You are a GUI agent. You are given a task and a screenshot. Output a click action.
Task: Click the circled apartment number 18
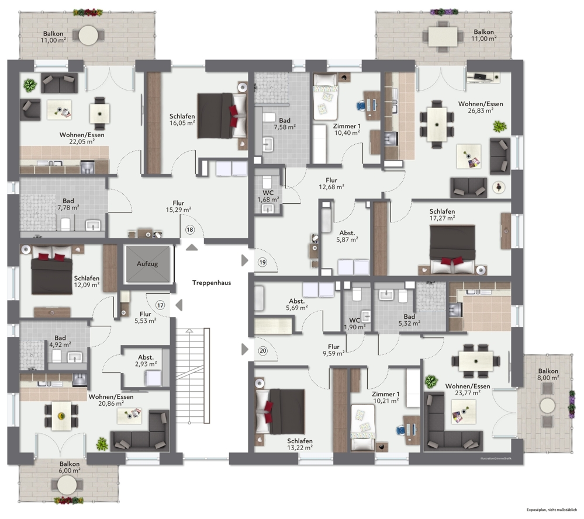[x=190, y=230]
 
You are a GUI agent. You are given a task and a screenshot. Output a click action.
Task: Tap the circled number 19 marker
[x=262, y=263]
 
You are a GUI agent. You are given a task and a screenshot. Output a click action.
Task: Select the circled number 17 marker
[x=160, y=305]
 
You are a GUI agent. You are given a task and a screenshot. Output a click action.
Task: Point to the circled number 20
[x=262, y=350]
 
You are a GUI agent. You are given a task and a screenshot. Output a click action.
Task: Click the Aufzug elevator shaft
[x=147, y=264]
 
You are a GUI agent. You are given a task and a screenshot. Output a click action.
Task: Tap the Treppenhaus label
[x=212, y=283]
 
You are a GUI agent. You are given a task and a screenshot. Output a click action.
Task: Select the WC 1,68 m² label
[x=268, y=196]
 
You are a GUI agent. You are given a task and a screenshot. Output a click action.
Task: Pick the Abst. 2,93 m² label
[x=146, y=361]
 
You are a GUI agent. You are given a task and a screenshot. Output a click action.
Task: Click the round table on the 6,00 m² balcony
[x=67, y=485]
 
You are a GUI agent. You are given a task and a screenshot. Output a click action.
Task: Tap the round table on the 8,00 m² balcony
[x=548, y=405]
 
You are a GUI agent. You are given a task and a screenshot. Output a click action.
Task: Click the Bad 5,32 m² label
[x=409, y=319]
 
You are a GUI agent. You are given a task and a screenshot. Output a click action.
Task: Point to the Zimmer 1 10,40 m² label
[x=347, y=129]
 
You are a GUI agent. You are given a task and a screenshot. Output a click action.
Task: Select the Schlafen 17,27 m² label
[x=442, y=215]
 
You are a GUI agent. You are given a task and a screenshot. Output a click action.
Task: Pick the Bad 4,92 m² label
[x=60, y=341]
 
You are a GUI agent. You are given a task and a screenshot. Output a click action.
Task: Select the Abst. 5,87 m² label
[x=347, y=235]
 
